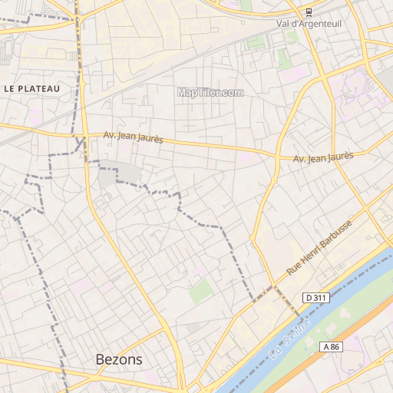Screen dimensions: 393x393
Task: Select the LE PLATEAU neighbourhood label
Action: pos(31,89)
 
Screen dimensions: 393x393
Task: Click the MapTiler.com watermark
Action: pos(210,92)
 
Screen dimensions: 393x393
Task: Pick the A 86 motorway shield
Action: pos(331,347)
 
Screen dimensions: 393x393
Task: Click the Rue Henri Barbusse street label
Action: pos(319,247)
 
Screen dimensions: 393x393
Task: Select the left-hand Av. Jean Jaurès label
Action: pos(134,137)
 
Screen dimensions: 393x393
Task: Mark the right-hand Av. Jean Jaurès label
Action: pos(323,157)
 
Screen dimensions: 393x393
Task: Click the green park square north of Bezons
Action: pos(201,290)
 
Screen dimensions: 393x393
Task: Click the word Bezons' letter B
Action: pos(101,359)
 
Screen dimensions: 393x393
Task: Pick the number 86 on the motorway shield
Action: pos(335,347)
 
